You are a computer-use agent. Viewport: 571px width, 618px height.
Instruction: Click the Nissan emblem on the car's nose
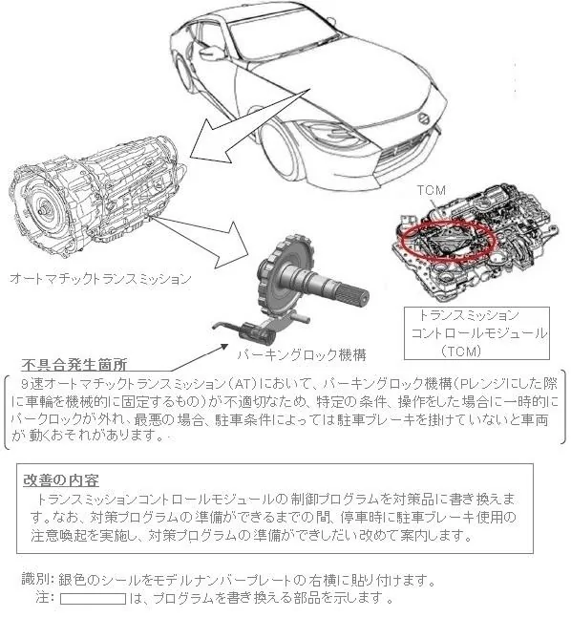coord(424,118)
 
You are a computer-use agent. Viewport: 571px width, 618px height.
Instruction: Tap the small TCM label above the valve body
coord(432,191)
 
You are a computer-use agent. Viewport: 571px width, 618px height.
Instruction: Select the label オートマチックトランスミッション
coord(100,279)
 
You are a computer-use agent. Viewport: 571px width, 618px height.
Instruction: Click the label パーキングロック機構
coord(302,354)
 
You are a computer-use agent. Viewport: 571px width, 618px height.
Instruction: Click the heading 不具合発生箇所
coord(74,365)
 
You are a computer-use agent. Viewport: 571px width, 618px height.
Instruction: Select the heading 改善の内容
coord(61,480)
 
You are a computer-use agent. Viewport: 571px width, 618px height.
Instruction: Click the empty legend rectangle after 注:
coord(93,599)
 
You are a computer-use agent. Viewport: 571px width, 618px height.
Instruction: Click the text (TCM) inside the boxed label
coord(461,351)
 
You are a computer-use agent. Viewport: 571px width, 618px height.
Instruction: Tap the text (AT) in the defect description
coord(241,383)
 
